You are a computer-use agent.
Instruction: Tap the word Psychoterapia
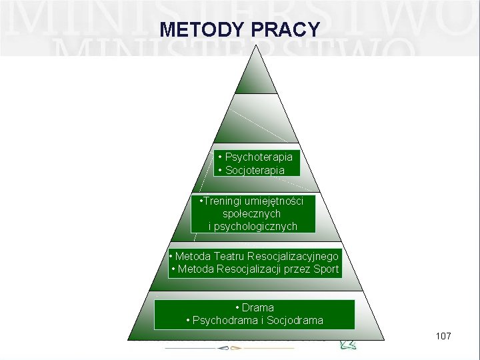pos(259,157)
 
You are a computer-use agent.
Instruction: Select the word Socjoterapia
pos(255,171)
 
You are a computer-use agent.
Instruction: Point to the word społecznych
pos(252,214)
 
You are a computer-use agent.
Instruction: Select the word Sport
pos(325,270)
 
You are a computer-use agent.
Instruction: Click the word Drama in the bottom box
pos(258,308)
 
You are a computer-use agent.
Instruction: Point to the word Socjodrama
pos(295,321)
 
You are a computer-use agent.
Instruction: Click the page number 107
pos(443,336)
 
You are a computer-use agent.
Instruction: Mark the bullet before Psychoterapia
pos(220,157)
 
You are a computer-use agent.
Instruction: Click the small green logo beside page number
pos(349,344)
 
